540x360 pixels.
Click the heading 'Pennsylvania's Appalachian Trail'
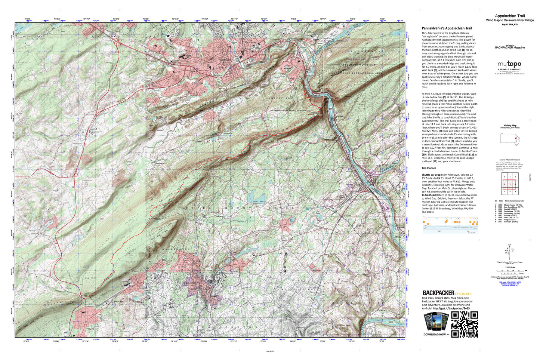[447, 28]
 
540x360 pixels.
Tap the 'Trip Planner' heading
[429, 168]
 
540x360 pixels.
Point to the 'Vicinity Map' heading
[510, 126]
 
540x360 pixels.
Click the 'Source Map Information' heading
[510, 160]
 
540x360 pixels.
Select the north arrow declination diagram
[510, 252]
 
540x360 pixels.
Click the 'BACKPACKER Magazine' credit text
[510, 48]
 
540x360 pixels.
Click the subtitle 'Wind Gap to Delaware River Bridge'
[510, 21]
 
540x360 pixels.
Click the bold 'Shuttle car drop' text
[431, 175]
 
